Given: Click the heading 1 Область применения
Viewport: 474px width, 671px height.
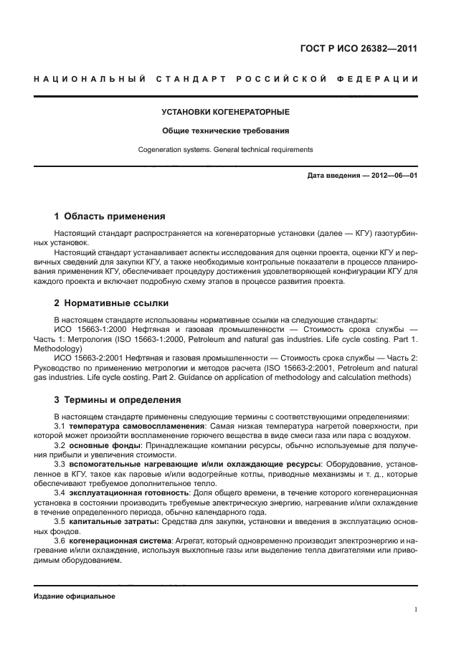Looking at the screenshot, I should click(x=110, y=215).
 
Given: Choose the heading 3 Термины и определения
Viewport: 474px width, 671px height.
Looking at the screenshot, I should click(x=118, y=399).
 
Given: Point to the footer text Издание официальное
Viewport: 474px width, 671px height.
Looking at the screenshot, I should click(x=75, y=596).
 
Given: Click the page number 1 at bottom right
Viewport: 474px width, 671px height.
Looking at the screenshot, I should click(x=416, y=609).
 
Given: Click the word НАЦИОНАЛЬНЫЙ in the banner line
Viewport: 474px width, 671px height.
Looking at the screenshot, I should click(x=87, y=77).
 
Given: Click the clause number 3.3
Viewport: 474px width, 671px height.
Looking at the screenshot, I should click(x=60, y=464).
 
